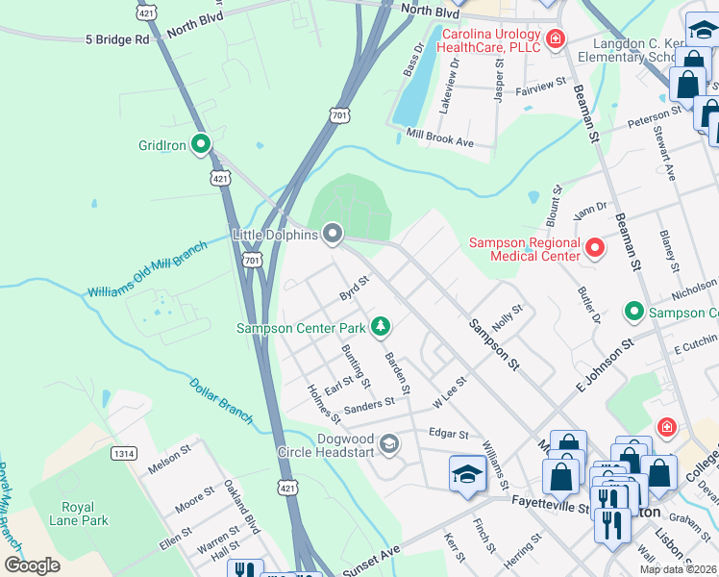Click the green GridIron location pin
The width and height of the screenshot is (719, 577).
point(201,145)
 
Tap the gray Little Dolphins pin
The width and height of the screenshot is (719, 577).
point(333,234)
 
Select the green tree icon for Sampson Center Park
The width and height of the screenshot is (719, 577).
point(382,327)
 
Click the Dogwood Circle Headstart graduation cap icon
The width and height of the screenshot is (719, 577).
point(389,443)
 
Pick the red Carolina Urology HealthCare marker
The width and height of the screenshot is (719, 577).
point(555,39)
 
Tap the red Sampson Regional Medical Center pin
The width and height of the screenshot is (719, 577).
point(595,249)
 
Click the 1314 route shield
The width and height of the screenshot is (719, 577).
point(123,453)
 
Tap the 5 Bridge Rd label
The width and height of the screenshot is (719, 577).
point(117,40)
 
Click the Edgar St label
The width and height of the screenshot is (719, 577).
point(448,435)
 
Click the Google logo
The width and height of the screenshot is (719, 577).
point(32,565)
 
